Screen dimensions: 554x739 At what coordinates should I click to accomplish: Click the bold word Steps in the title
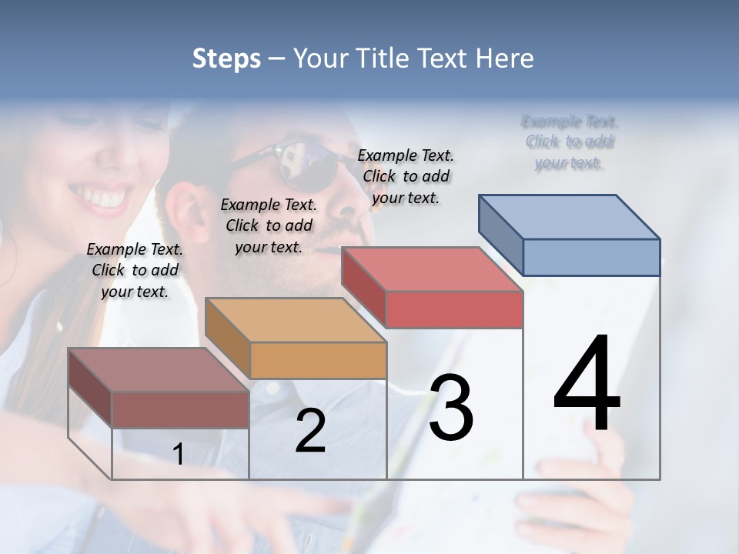(226, 58)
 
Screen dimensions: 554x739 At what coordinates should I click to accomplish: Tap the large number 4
(587, 384)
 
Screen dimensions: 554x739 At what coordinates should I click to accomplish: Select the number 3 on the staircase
(450, 408)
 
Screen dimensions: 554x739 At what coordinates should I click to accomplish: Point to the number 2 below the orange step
(310, 431)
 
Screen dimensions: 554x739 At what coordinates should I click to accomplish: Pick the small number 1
(179, 454)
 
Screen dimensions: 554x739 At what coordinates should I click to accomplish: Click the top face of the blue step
(568, 217)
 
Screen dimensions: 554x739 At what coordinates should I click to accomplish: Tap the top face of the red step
(431, 269)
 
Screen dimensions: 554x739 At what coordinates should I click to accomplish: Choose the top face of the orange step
(295, 320)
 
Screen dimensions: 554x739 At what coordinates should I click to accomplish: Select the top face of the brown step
(158, 370)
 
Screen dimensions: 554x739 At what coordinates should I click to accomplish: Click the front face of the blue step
(591, 257)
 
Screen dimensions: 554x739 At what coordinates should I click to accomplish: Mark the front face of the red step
(454, 309)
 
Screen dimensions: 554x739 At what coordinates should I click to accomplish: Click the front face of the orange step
(318, 360)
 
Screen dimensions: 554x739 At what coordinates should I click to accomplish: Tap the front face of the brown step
(180, 410)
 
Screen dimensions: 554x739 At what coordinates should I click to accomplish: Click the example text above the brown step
(135, 270)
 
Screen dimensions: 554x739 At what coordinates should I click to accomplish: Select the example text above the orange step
(269, 225)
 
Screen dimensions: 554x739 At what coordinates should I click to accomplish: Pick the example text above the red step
(406, 176)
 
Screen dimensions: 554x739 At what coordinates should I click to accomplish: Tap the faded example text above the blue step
(570, 142)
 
